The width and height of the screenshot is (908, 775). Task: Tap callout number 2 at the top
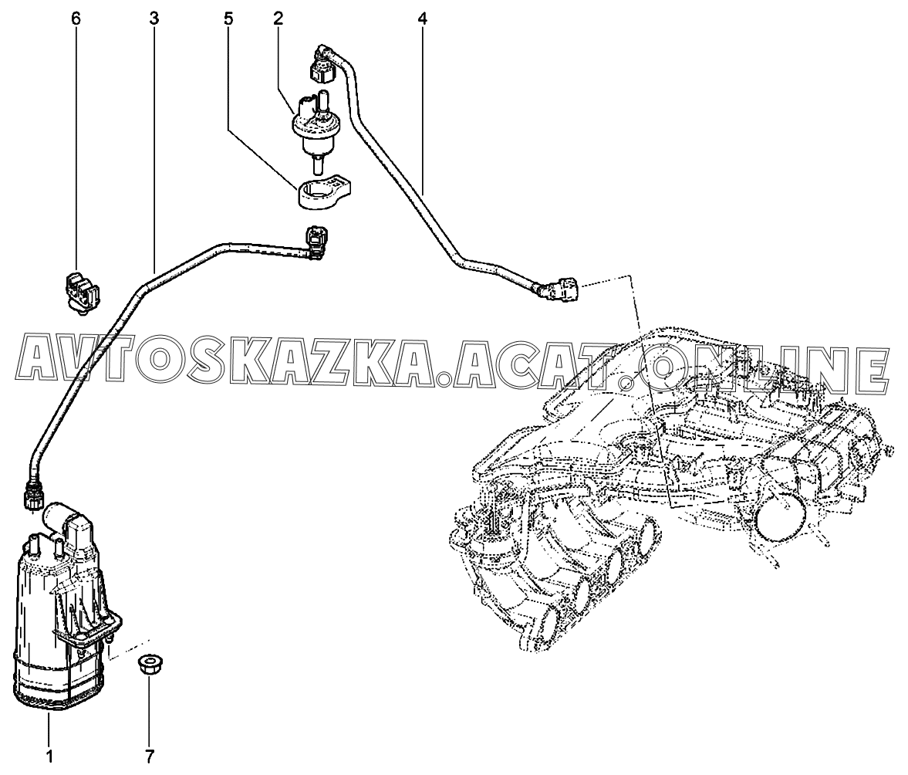(x=278, y=19)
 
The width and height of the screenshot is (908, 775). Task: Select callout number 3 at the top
(x=154, y=19)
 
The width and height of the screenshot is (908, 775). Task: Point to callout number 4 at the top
(x=422, y=19)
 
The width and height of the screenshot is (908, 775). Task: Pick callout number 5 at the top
(x=228, y=19)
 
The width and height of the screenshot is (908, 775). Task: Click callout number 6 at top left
(x=76, y=19)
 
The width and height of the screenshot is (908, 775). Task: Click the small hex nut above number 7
(x=148, y=665)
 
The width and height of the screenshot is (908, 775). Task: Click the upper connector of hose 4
(x=322, y=63)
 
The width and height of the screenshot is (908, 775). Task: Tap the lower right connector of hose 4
(x=559, y=289)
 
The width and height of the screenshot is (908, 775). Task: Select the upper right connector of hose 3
(x=317, y=242)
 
